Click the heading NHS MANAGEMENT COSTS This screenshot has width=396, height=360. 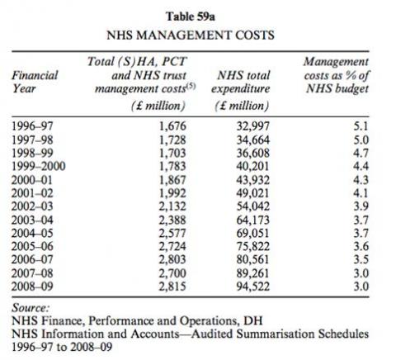pyautogui.click(x=198, y=36)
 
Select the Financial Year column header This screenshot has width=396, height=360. pyautogui.click(x=35, y=80)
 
